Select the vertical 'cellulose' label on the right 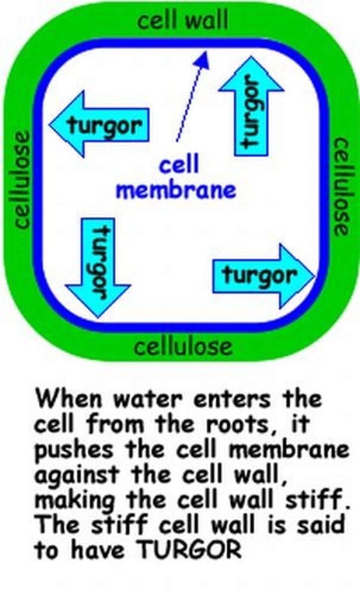(x=341, y=187)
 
